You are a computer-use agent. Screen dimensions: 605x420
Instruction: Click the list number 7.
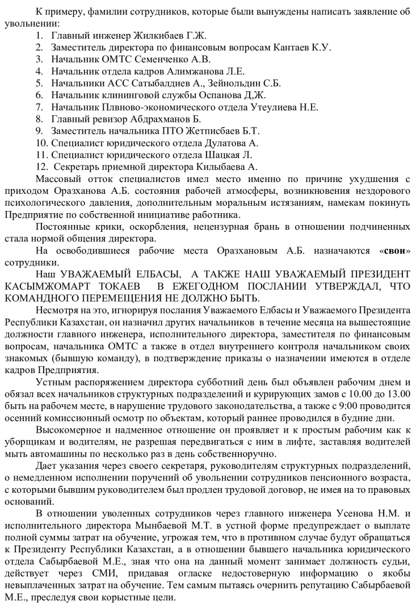tap(39, 107)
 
